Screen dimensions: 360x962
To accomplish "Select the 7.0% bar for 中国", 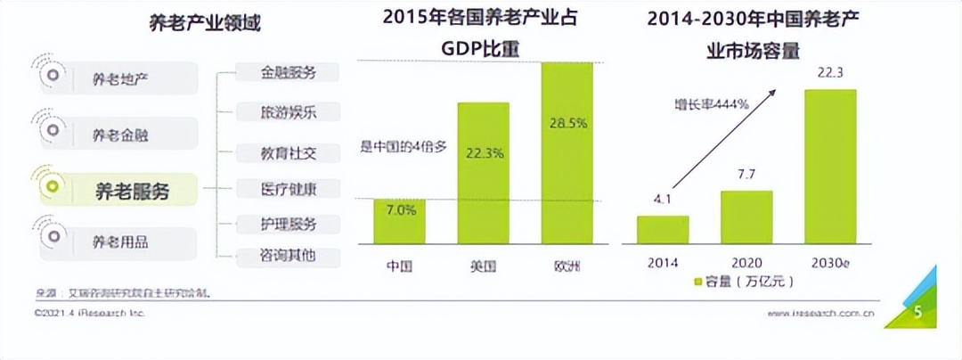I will tap(400, 222).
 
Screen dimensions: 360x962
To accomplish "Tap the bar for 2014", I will tap(663, 229).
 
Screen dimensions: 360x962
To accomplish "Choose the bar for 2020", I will tap(746, 217).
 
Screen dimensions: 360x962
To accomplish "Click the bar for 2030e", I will tap(830, 167).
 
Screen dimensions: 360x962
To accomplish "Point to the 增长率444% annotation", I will tap(710, 104).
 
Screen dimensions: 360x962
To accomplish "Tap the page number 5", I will tap(917, 313).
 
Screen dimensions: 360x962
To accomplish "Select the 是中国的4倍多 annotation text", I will tap(403, 146).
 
